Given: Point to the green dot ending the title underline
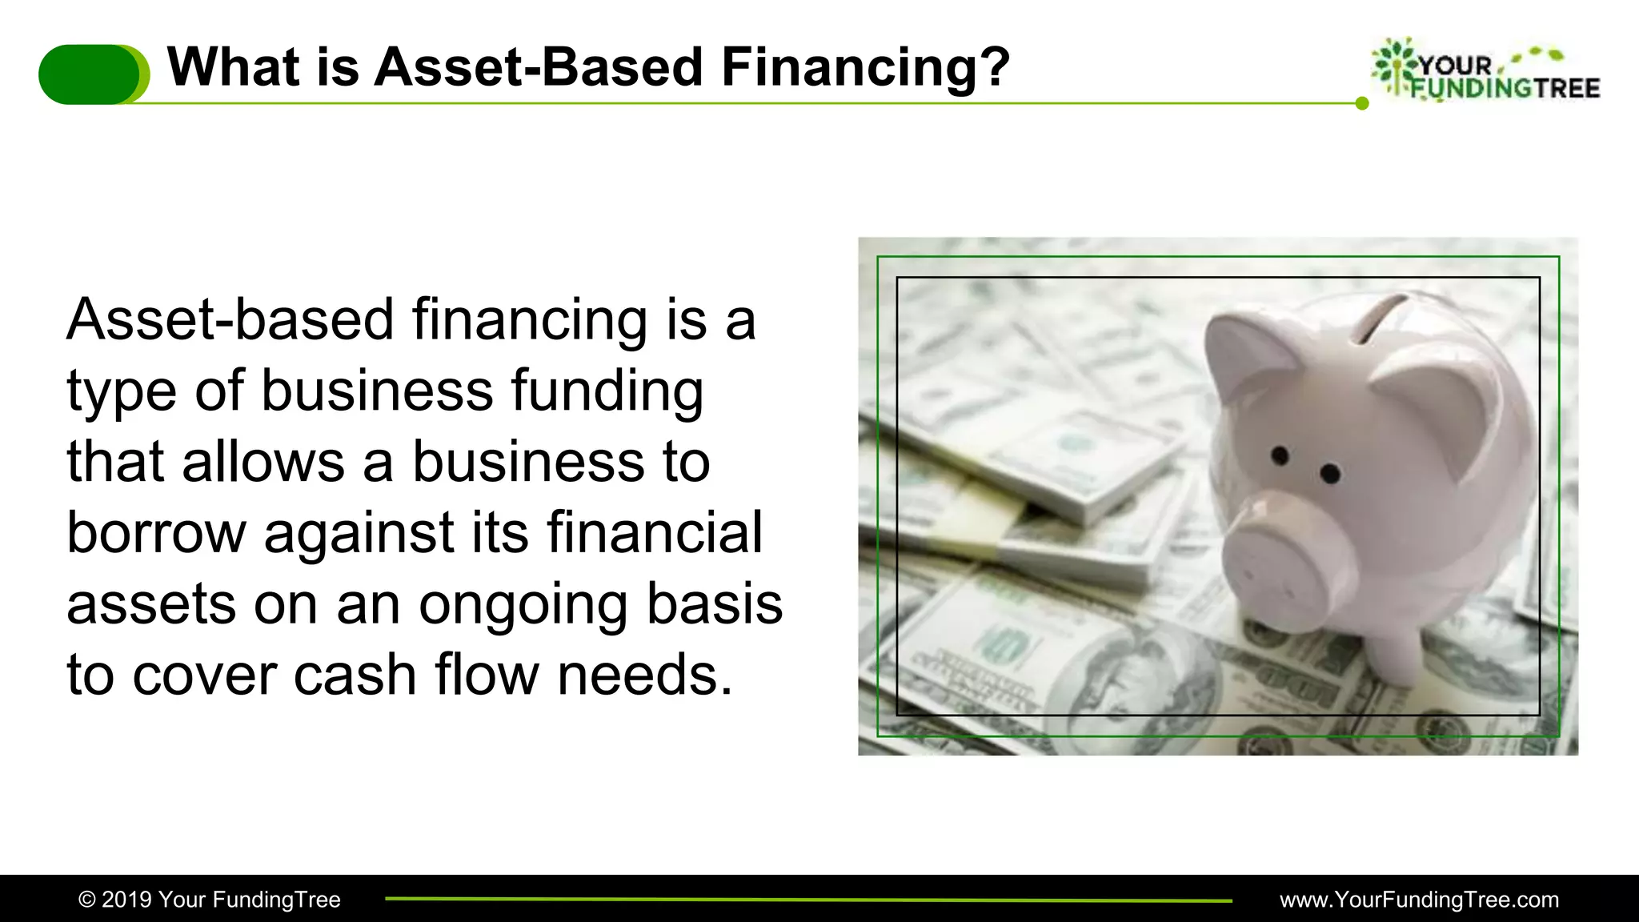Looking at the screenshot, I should point(1362,103).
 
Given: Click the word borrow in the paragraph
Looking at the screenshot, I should point(156,532).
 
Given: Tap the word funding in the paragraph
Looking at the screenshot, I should point(607,392).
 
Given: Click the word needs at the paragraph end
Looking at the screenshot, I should point(644,675).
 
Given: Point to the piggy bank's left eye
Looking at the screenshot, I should point(1280,456).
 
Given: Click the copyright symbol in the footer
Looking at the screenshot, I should point(86,900).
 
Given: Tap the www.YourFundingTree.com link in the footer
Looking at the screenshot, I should point(1419,900).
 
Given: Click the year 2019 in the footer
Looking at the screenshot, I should point(126,900).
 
